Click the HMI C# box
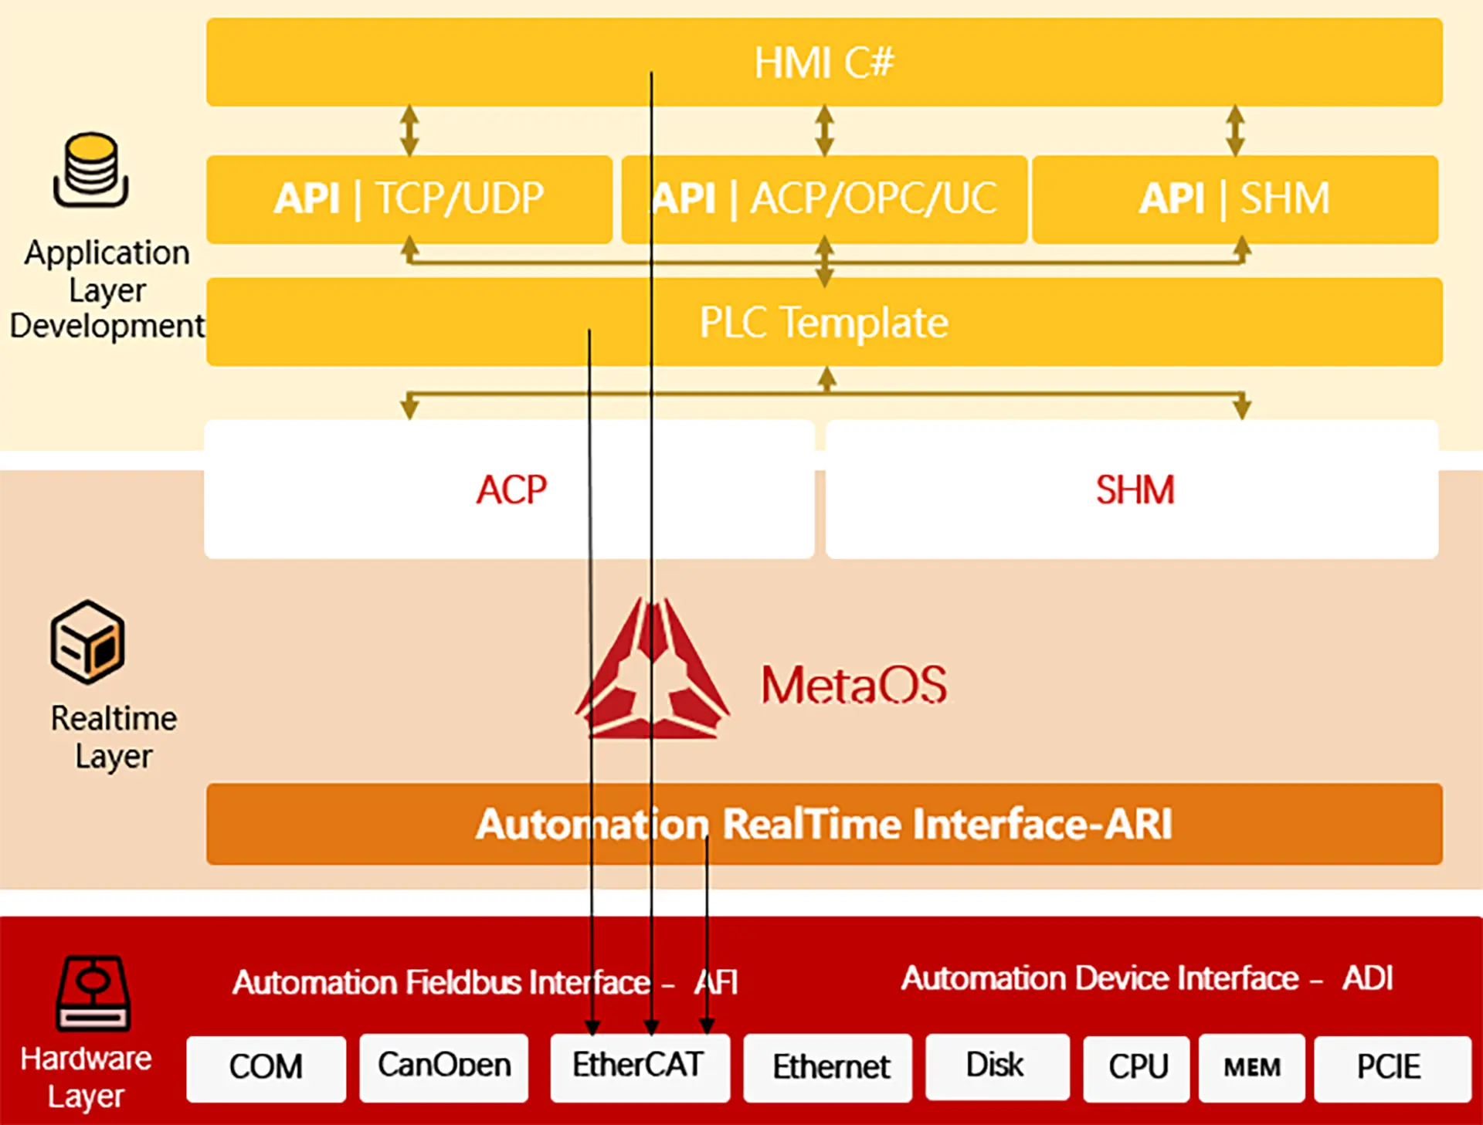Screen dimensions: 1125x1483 (x=823, y=62)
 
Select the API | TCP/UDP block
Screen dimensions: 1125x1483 (x=409, y=198)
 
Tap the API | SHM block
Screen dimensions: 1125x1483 (x=1234, y=198)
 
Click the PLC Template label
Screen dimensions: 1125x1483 (x=823, y=322)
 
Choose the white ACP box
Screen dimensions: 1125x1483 (x=510, y=489)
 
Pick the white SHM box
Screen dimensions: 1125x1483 (x=1133, y=489)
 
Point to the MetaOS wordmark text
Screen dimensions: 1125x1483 (x=853, y=684)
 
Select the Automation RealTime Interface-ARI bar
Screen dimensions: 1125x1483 (x=823, y=824)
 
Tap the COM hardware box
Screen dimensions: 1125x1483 (x=266, y=1068)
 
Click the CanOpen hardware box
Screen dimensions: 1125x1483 (x=444, y=1066)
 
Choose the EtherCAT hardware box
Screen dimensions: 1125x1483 (x=639, y=1066)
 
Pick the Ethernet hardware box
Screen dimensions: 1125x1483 (x=829, y=1068)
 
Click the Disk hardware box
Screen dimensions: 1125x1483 (x=996, y=1066)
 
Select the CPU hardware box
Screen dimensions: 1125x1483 (x=1136, y=1068)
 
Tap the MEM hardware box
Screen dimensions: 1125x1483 (x=1251, y=1068)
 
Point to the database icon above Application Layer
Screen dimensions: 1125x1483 (x=91, y=170)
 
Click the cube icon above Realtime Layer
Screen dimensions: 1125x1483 (x=87, y=642)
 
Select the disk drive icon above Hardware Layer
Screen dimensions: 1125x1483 (x=93, y=994)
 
